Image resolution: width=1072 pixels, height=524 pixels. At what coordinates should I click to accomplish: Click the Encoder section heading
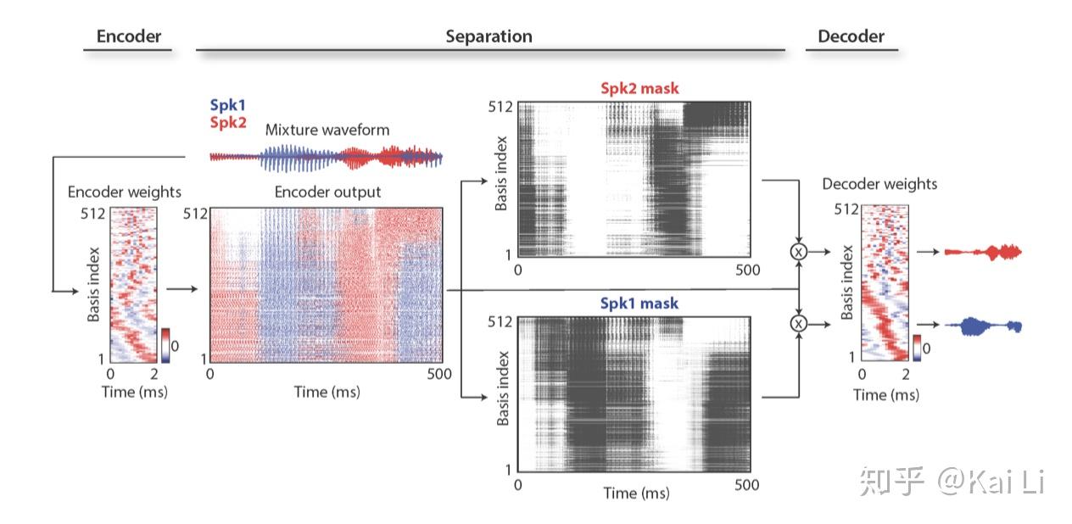[128, 36]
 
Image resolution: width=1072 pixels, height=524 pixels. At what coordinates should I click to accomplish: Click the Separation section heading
[489, 36]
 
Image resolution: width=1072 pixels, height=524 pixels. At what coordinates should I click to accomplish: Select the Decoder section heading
[851, 36]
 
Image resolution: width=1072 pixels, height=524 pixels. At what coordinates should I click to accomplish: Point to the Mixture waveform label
[327, 130]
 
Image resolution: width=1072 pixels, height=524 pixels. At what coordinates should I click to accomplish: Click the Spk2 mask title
[640, 88]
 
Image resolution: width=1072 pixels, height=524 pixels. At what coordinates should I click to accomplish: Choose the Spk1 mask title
[640, 303]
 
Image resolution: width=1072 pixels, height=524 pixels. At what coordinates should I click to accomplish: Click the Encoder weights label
[125, 192]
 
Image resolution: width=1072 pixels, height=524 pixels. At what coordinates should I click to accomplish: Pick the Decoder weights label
[879, 184]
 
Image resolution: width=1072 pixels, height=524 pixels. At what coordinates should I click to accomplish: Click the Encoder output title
[327, 192]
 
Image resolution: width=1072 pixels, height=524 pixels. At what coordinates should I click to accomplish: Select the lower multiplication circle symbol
[798, 323]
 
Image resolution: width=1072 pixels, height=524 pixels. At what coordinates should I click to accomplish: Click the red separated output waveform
[983, 252]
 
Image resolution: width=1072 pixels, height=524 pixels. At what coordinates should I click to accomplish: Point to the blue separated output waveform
[983, 326]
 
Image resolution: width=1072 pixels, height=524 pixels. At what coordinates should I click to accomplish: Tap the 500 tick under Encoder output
[439, 374]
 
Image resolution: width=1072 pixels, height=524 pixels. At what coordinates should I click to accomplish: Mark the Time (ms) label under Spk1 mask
[636, 493]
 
